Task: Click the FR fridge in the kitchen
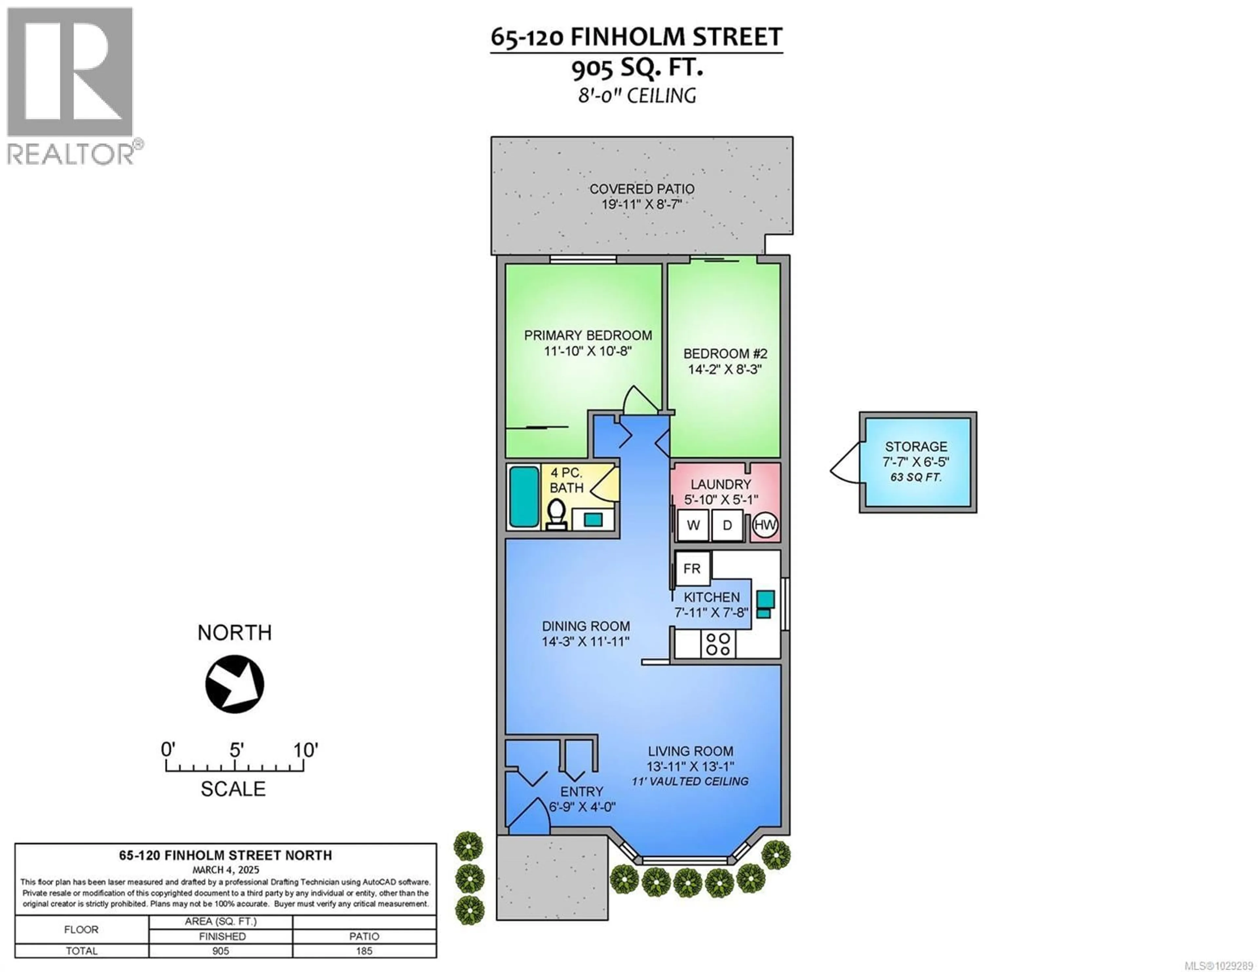point(692,569)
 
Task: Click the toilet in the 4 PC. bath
point(556,515)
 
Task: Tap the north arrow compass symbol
point(235,684)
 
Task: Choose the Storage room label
point(916,447)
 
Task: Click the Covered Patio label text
point(642,189)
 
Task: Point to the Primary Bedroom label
point(587,335)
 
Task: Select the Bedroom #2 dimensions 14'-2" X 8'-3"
point(725,369)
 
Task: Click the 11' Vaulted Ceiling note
point(690,781)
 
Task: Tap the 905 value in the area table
point(220,951)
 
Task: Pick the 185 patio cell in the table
point(364,951)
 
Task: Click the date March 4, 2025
point(226,870)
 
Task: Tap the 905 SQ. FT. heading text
point(637,68)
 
